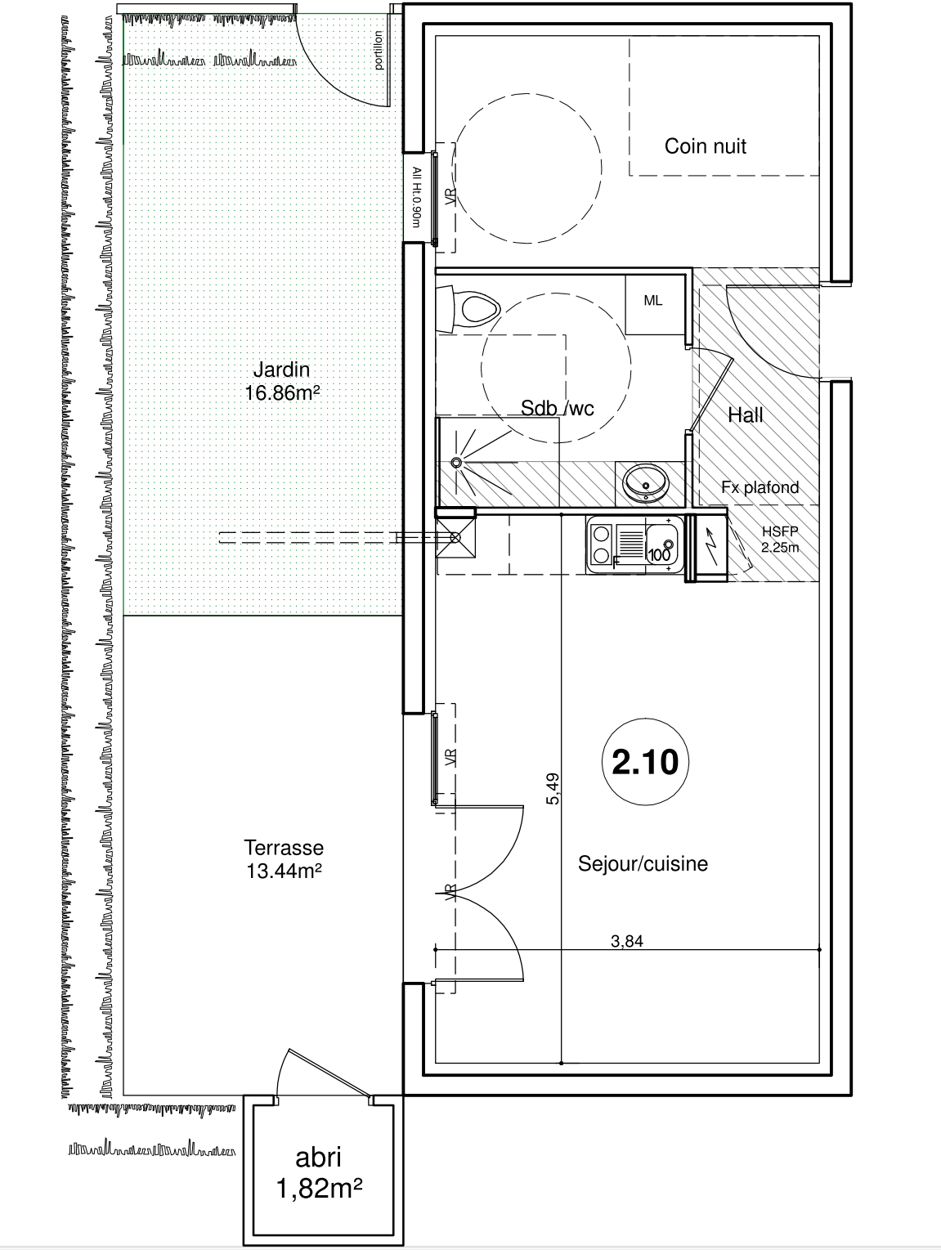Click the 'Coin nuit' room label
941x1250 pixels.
[x=705, y=146]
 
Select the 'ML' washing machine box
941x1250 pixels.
[x=653, y=302]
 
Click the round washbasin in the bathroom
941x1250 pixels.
[x=646, y=482]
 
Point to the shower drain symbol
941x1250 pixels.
[x=456, y=463]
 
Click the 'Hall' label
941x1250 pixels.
[x=746, y=415]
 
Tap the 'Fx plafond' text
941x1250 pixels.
[x=760, y=487]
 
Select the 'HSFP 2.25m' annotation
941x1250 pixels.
[x=779, y=540]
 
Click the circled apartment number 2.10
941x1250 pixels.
[x=645, y=762]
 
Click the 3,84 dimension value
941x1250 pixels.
[x=627, y=941]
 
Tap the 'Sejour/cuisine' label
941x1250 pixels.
[x=643, y=864]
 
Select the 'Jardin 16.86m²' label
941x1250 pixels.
[x=281, y=381]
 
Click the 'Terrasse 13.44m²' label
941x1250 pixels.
[x=284, y=859]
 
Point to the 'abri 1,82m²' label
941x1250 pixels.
[x=319, y=1172]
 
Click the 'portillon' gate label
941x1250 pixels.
[x=379, y=51]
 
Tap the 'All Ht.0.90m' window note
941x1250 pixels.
[x=416, y=196]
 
